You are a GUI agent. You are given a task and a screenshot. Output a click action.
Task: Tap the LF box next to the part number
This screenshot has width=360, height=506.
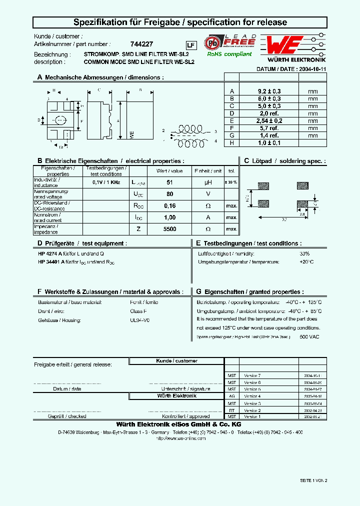point(190,44)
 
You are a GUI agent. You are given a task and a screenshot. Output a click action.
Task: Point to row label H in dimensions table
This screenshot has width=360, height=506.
point(231,142)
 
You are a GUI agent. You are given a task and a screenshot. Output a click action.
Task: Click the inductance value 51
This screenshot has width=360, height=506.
point(169,182)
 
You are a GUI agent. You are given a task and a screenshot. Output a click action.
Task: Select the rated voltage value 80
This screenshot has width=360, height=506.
point(169,193)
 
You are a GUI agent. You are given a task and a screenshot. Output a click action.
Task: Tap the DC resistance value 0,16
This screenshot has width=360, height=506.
point(169,205)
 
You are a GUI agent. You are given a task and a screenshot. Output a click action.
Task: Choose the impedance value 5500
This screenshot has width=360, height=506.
point(169,228)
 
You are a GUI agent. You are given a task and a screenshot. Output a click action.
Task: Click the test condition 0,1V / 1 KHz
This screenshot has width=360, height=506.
point(107,182)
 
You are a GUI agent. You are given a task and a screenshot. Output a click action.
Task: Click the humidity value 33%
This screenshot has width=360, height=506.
point(304,253)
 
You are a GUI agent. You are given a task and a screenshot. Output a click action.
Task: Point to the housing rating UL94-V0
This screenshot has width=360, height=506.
point(139,319)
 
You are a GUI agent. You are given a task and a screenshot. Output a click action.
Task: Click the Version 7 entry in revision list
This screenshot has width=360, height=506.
point(252,375)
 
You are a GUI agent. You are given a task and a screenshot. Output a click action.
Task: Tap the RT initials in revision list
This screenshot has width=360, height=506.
point(231,410)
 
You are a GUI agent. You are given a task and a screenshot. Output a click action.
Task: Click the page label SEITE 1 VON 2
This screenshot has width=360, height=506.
point(313,480)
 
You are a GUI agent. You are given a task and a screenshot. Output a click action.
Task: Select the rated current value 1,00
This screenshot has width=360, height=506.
point(169,217)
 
